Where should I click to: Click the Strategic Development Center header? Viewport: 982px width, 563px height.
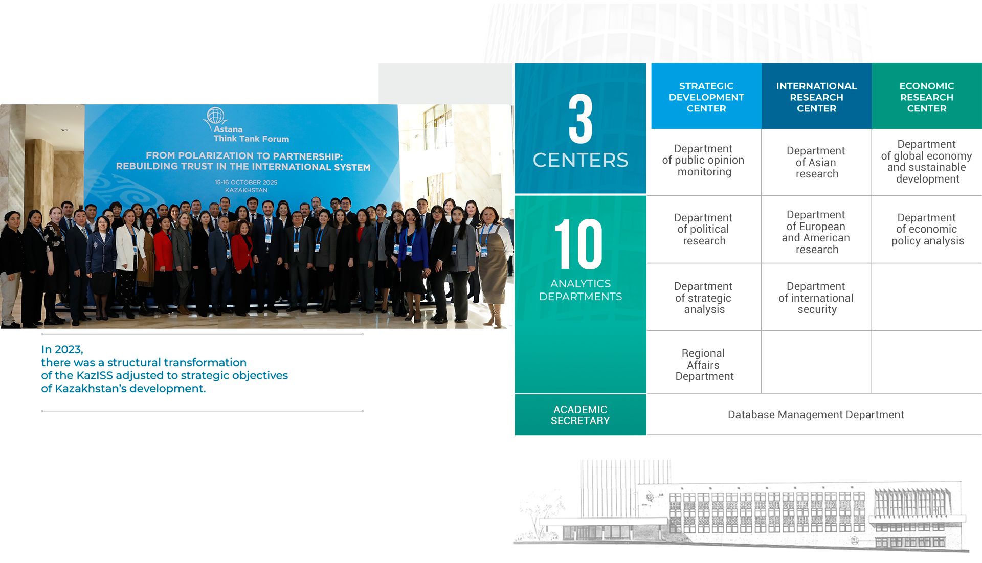[x=706, y=96]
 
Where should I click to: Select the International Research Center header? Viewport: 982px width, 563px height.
[x=816, y=96]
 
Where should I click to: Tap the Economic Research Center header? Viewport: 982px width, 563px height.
[x=927, y=96]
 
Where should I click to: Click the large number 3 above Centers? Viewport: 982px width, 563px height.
[x=581, y=119]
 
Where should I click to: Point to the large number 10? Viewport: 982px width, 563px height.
[x=579, y=244]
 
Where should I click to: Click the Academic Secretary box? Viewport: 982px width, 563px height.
[x=581, y=415]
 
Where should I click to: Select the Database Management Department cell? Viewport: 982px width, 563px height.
[x=815, y=415]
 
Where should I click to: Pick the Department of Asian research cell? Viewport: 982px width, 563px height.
[x=816, y=162]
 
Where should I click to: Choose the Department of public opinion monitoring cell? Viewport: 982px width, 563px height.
[x=704, y=160]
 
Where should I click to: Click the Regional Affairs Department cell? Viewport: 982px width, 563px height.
[x=704, y=365]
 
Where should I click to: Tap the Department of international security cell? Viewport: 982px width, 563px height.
[x=816, y=298]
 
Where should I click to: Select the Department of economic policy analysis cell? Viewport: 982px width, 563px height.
[x=927, y=229]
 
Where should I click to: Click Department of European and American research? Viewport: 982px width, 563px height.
[x=816, y=232]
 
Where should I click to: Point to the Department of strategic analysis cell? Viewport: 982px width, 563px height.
[x=704, y=298]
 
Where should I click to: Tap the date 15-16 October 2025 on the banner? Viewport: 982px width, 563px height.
[x=246, y=182]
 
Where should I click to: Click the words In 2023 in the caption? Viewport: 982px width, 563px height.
[x=62, y=349]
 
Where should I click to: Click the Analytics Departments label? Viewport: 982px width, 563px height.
[x=581, y=290]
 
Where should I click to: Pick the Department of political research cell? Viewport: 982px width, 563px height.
[x=704, y=229]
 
